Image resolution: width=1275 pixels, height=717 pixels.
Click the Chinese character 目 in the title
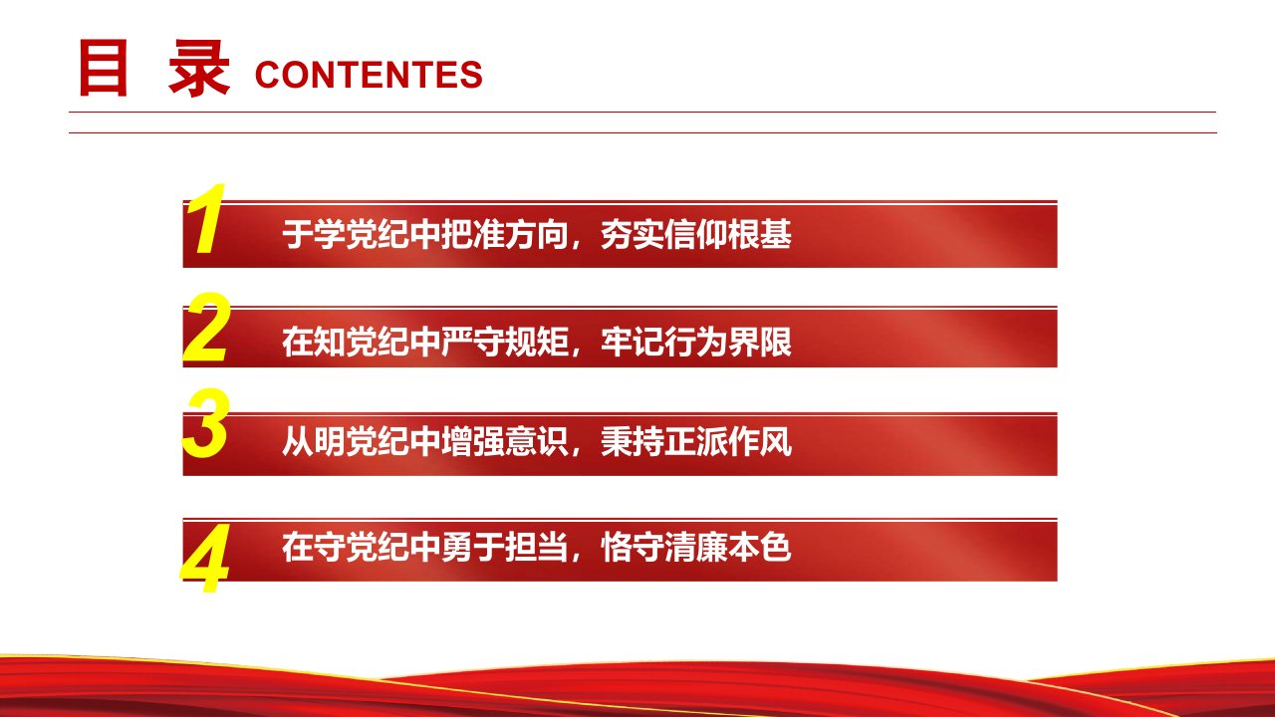[103, 69]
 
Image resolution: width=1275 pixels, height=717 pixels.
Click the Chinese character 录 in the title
[199, 69]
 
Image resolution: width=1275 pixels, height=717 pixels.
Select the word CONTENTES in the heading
[369, 75]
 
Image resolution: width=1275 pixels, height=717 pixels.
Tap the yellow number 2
[206, 328]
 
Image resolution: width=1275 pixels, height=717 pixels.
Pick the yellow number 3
[206, 423]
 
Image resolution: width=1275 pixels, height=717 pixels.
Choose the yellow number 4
[205, 558]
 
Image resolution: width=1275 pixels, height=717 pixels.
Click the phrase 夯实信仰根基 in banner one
[696, 234]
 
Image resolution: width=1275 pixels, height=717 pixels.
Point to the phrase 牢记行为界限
[696, 342]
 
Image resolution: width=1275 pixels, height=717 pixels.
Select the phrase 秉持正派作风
[696, 441]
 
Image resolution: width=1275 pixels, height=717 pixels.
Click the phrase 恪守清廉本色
[696, 547]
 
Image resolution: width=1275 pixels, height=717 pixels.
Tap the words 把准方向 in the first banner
[505, 234]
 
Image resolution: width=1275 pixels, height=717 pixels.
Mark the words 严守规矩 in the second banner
[505, 342]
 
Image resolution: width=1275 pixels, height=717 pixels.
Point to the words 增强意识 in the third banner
[505, 441]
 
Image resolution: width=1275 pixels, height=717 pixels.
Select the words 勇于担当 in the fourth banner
[505, 547]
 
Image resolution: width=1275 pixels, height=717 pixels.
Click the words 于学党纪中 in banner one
[362, 234]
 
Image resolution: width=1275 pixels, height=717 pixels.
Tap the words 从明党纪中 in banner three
[362, 441]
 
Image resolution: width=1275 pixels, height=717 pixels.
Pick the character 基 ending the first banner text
[776, 234]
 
